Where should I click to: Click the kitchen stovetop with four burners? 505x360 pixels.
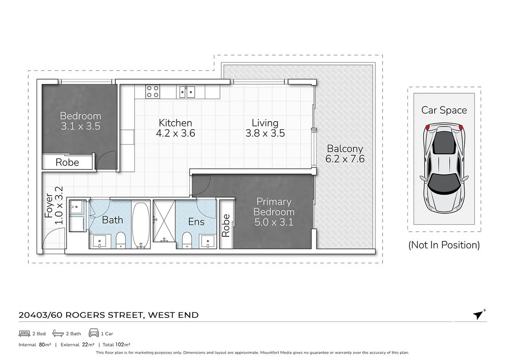point(152,91)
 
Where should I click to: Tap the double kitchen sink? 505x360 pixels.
point(187,91)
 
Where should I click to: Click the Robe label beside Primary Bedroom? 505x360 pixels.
point(226,225)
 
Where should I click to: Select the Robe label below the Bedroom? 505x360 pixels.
point(67,162)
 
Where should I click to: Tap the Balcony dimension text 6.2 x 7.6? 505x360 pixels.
point(345,159)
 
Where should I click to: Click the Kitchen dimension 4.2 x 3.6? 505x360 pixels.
point(175,133)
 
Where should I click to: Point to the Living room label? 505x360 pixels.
point(265,123)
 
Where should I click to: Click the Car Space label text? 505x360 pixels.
point(444,110)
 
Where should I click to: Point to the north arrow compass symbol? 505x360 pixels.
point(478,315)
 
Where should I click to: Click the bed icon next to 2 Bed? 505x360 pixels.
point(24,334)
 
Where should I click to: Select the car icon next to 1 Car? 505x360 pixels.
point(93,334)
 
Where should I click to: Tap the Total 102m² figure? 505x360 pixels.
point(115,345)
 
